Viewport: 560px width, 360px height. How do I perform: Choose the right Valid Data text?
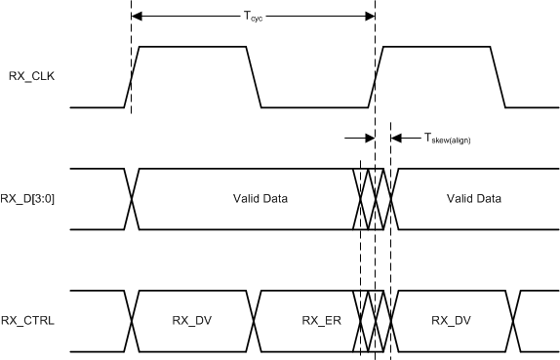(x=473, y=198)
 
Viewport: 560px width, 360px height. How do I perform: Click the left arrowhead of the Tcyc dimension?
(x=137, y=16)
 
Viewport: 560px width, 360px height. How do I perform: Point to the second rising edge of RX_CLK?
(x=377, y=76)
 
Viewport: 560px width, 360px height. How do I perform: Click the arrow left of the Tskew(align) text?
(x=395, y=138)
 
